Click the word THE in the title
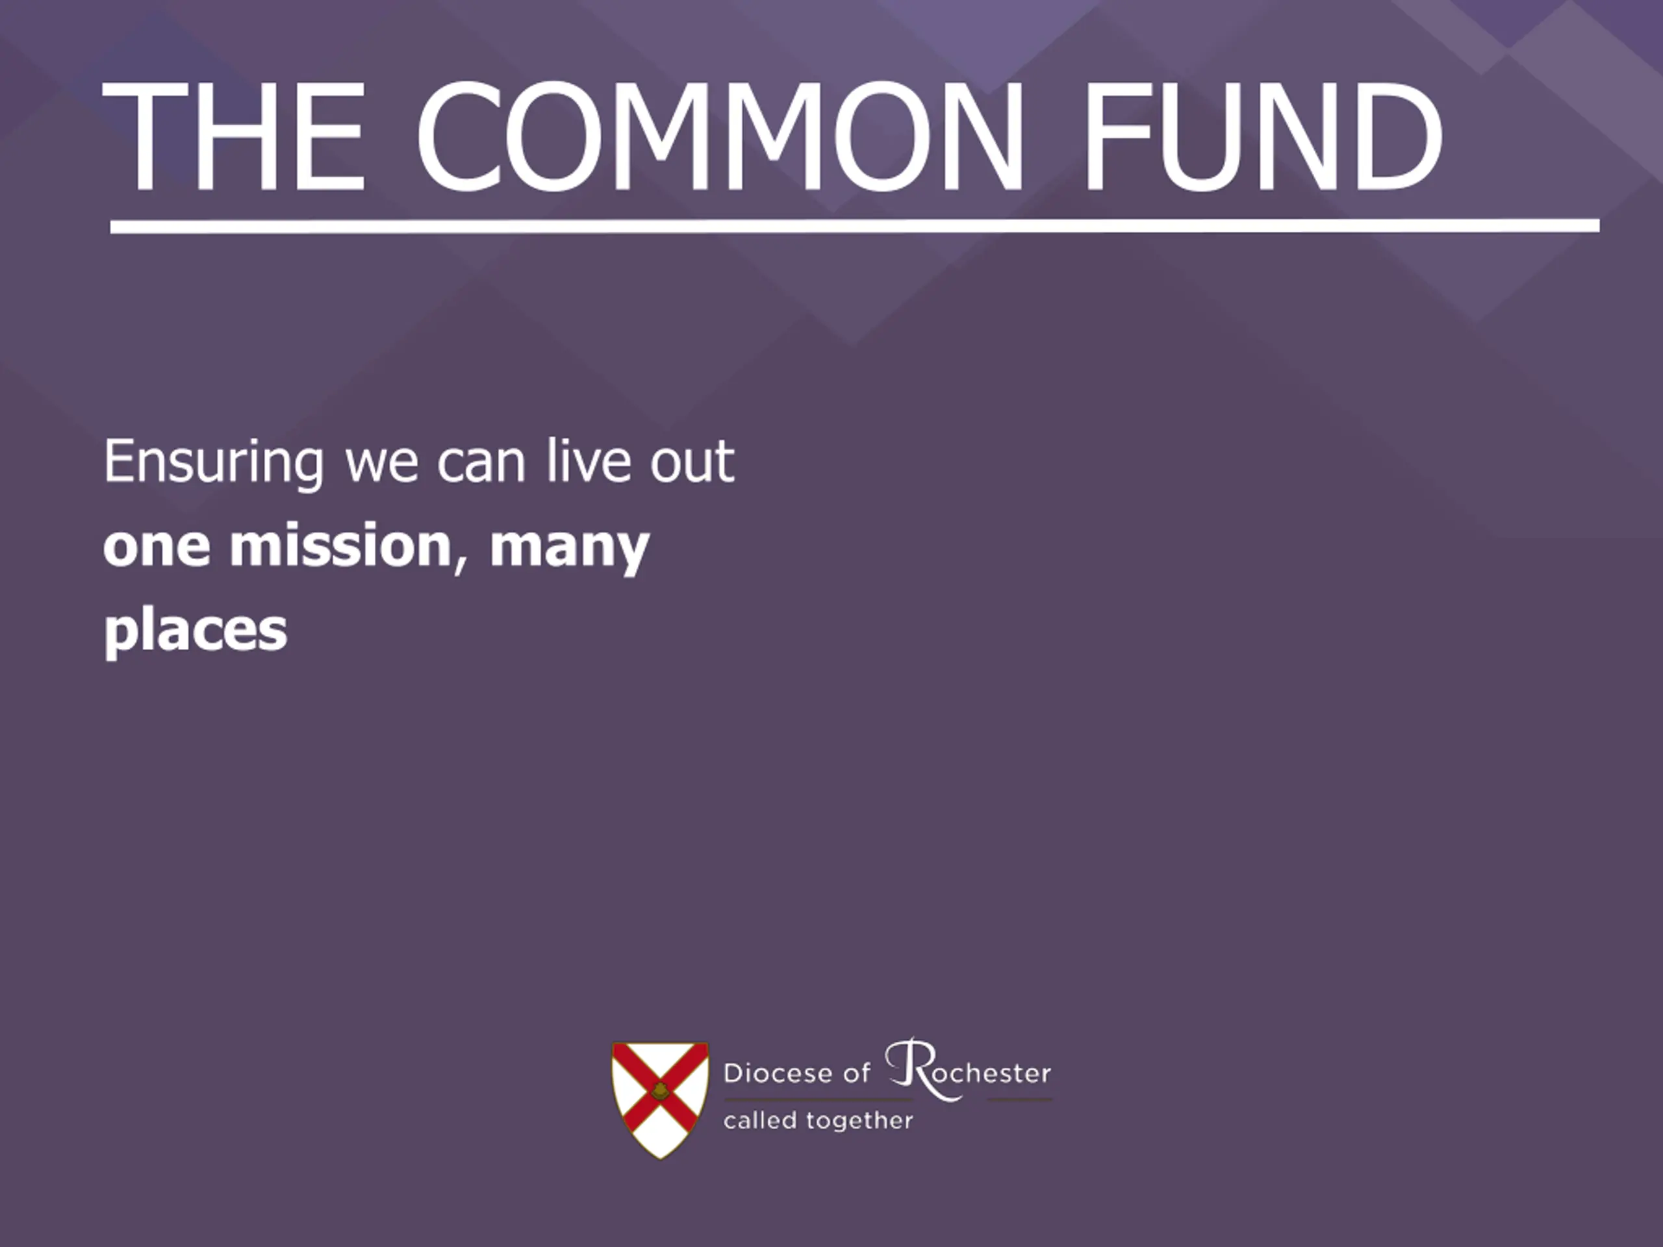234,135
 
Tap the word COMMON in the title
720,135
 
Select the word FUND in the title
1262,135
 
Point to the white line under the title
855,225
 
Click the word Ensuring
214,462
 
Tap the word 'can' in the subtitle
481,464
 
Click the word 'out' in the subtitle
692,462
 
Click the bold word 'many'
569,549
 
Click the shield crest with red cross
660,1100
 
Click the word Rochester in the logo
969,1070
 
